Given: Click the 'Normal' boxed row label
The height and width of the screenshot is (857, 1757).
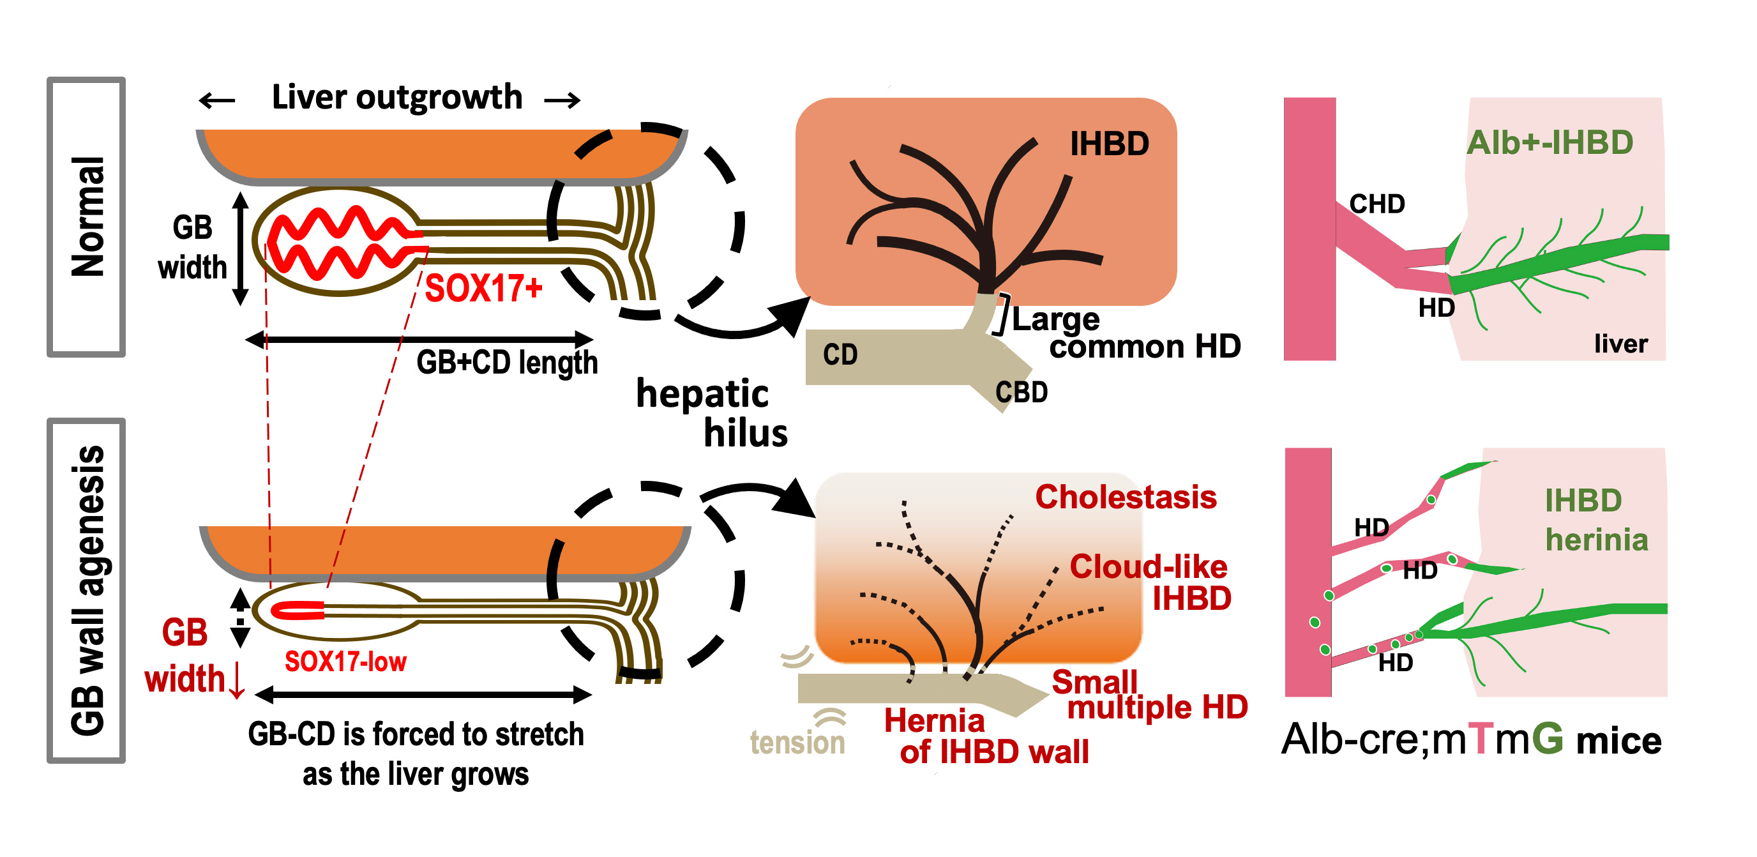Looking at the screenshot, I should pos(87,217).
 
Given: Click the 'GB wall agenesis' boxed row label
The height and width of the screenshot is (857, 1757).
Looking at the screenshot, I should pos(87,591).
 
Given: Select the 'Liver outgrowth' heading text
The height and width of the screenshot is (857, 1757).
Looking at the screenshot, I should pos(396,98).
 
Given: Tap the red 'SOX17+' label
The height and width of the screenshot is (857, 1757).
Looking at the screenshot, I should pos(483,289).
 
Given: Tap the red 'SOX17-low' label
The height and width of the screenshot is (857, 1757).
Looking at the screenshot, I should pos(345,662).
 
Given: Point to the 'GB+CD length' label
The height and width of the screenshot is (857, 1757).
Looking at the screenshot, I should pos(507,362).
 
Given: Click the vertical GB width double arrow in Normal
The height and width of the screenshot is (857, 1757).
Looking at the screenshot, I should pos(240,248).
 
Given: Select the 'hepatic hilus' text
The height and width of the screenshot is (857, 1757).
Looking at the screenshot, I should pos(711,413).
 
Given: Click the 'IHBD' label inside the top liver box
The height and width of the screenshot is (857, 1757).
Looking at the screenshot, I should pos(1109,144).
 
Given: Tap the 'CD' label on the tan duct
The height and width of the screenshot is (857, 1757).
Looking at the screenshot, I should pos(840,355).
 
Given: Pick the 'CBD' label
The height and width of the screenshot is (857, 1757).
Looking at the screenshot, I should pos(1021,392).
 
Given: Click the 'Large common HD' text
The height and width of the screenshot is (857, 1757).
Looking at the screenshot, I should pos(1126,333).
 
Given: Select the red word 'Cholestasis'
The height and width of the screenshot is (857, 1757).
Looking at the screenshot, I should pos(1126,497).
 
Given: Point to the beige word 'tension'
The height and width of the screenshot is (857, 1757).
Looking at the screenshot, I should pos(797,742).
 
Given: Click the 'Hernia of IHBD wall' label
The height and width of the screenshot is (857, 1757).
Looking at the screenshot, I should pos(986,737).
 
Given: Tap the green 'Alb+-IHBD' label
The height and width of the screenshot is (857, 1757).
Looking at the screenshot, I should pos(1550,143).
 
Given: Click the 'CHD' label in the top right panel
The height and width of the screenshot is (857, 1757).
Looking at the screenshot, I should pos(1376,204).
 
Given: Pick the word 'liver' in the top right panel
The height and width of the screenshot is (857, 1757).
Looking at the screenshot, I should pos(1620,344).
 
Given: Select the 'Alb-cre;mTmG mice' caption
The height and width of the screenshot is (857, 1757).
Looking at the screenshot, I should pos(1470,739).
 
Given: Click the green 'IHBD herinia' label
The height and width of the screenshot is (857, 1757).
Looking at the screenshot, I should pos(1595,520).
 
